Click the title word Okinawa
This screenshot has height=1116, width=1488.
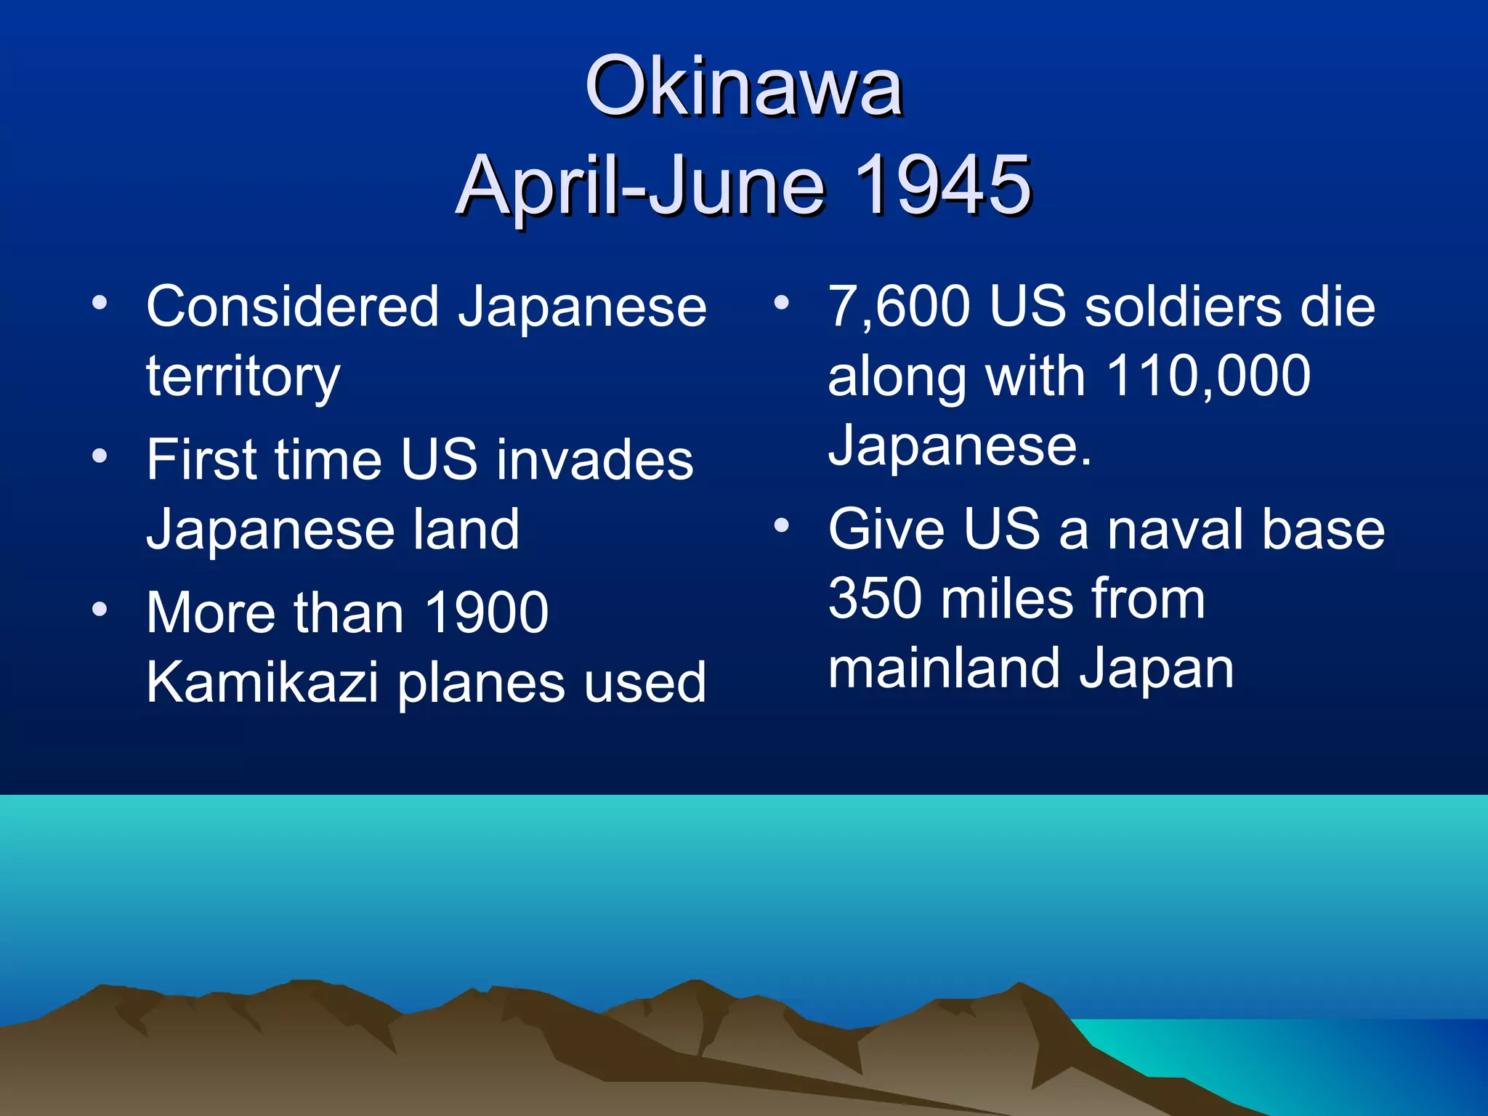click(743, 87)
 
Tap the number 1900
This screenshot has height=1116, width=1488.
click(486, 613)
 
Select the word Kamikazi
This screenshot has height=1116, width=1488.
click(262, 683)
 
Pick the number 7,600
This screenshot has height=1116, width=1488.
click(899, 307)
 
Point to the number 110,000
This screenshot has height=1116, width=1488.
click(1208, 376)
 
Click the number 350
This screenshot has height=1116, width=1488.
click(875, 599)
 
